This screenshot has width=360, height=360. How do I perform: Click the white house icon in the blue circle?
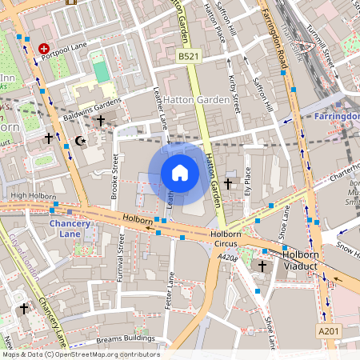pos(180,173)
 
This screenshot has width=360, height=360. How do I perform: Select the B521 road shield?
pos(188,57)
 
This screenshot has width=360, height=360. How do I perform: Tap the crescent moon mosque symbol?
pos(78,141)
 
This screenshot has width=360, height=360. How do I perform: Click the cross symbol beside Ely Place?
pos(228,184)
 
